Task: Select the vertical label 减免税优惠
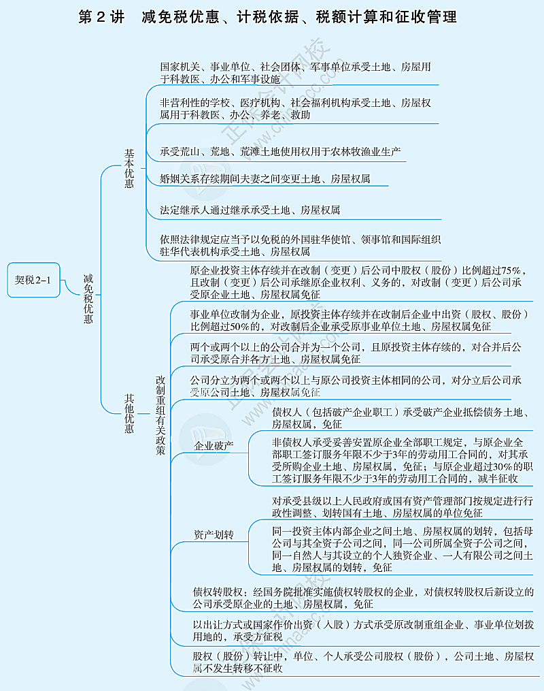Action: pyautogui.click(x=88, y=298)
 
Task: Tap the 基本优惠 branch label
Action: pyautogui.click(x=129, y=169)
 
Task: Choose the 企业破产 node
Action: pyautogui.click(x=214, y=447)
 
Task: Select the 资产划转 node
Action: pyautogui.click(x=214, y=535)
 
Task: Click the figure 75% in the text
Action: pyautogui.click(x=514, y=270)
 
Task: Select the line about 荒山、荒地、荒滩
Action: pyautogui.click(x=280, y=151)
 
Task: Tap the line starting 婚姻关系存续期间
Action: pyautogui.click(x=265, y=179)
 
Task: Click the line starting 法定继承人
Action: pyautogui.click(x=250, y=210)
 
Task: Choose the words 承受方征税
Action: pyautogui.click(x=258, y=637)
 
